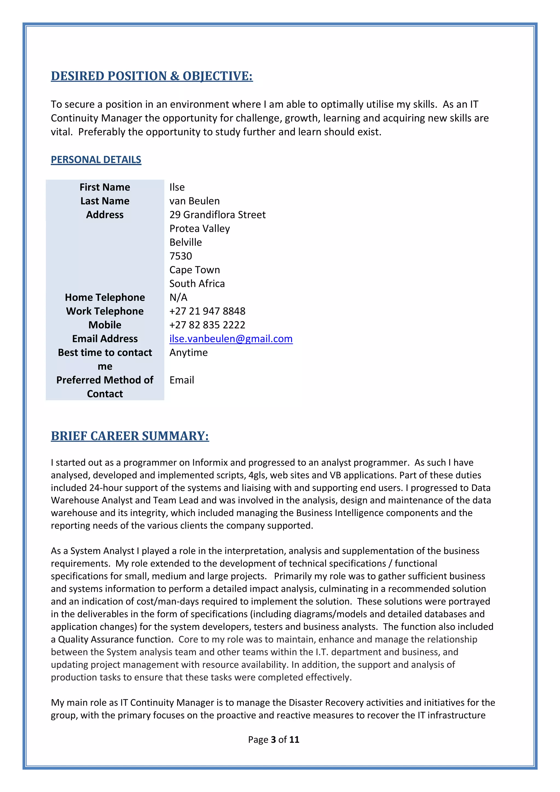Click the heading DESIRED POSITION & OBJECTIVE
pos(152,76)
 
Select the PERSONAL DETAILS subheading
pos(96,159)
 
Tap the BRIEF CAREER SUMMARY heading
pos(130,436)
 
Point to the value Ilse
pos(177,187)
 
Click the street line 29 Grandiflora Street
pos(217,215)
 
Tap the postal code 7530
pos(180,256)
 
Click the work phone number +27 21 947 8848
pos(207,311)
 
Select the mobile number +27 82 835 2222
pos(207,325)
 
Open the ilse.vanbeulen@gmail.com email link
pos(231,339)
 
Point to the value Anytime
pos(188,353)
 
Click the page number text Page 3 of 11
pos(273,739)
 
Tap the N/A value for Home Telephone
pos(178,297)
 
